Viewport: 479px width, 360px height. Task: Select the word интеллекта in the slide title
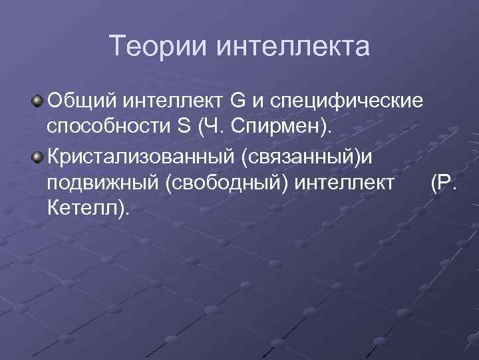(x=293, y=47)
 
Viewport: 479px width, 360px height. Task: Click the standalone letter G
(x=238, y=101)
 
